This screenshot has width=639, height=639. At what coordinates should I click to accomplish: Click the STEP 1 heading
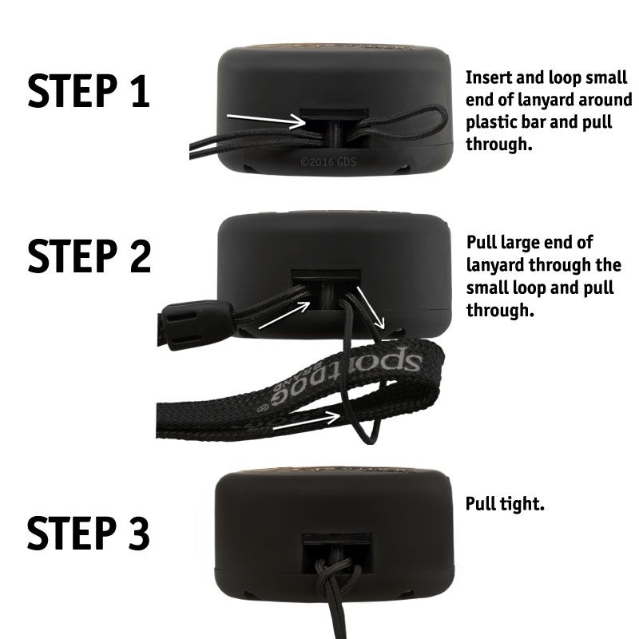coord(89,90)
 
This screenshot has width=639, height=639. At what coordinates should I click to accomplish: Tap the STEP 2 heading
coord(89,256)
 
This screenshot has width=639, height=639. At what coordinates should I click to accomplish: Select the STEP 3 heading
coord(89,533)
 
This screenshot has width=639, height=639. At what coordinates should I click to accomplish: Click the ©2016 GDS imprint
coord(328,162)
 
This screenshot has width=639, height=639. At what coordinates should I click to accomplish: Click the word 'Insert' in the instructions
coord(488,77)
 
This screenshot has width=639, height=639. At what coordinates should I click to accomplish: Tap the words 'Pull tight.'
coord(505,504)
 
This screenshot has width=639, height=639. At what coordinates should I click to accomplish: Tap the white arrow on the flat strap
coord(307,422)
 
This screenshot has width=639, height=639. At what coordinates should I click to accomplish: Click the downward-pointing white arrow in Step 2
coord(371,308)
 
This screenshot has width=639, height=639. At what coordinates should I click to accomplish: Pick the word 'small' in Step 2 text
coord(487,288)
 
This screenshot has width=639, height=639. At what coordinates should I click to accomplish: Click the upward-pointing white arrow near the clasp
coord(284,315)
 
